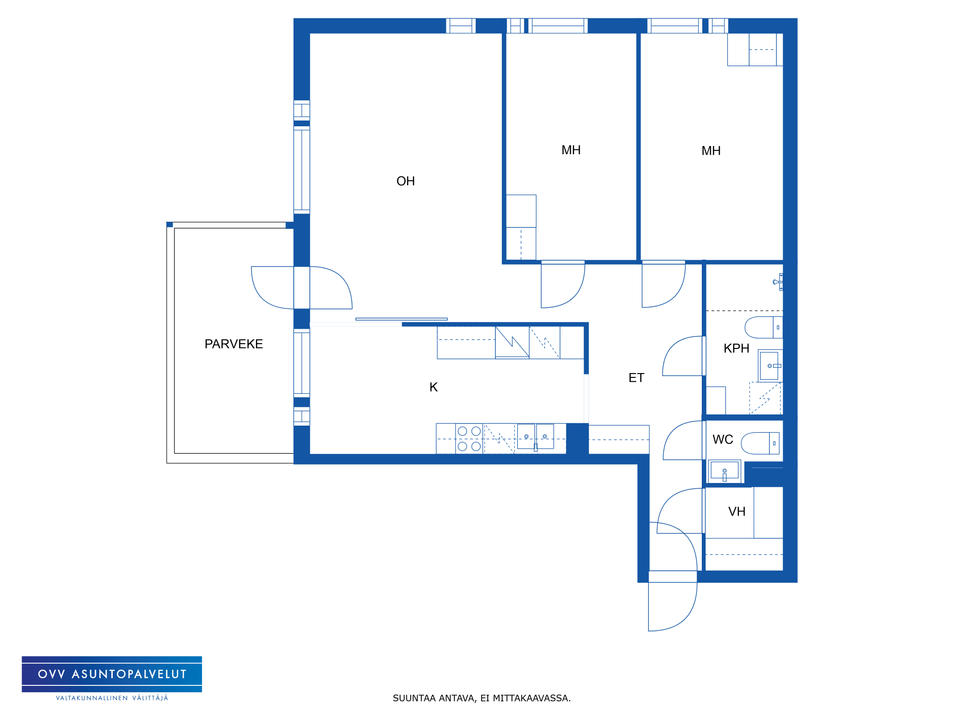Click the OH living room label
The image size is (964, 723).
coord(405,181)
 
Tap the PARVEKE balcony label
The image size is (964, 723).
coord(234,344)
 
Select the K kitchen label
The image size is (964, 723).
coord(433,387)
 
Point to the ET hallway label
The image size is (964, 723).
coord(636,378)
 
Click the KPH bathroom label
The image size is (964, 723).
coord(736,348)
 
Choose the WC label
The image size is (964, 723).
coord(723,440)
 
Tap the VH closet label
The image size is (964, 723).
coord(736,511)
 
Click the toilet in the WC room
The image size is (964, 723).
coord(760,443)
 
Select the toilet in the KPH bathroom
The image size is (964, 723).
coord(763,327)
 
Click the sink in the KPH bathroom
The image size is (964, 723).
coord(769,366)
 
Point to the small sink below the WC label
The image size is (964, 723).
coord(724,471)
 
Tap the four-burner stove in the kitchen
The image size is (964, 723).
coord(469,439)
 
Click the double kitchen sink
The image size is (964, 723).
coord(536,437)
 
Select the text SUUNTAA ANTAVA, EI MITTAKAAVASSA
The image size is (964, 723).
coord(482,698)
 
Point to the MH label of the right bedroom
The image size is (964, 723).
coord(711,151)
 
